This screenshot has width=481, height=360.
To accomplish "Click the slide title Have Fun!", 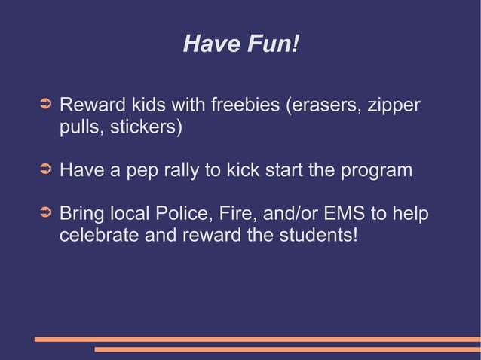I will (x=241, y=46).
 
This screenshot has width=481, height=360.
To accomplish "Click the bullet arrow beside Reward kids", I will (x=44, y=102).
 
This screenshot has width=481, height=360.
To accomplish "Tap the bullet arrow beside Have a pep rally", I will (x=44, y=169).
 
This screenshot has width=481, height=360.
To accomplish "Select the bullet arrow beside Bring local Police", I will (x=44, y=213).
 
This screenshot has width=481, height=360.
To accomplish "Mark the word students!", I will (x=316, y=236).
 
